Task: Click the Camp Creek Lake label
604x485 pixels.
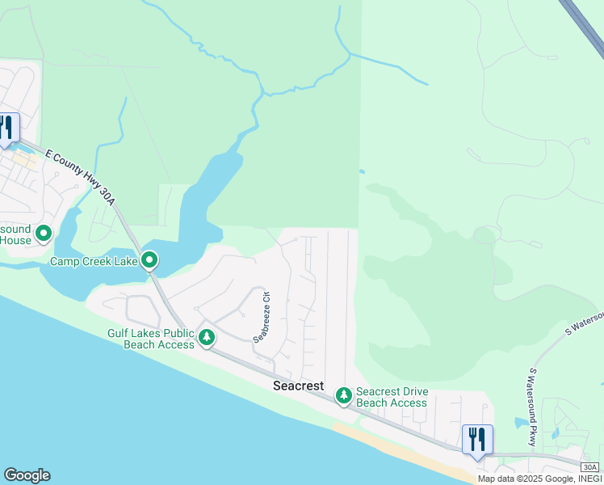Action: [94, 261]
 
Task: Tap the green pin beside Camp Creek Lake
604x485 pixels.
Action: [149, 259]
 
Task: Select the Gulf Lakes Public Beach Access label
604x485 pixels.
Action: [151, 339]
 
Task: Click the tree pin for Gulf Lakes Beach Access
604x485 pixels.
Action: [207, 336]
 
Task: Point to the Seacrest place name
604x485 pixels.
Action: [299, 386]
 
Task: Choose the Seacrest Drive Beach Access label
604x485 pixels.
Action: [392, 398]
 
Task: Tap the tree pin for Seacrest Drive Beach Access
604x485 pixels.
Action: [344, 394]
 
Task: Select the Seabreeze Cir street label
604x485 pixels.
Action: [260, 317]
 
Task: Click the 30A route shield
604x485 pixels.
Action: [590, 467]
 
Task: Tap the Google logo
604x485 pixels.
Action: [27, 475]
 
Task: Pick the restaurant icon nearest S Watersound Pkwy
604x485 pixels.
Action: [477, 440]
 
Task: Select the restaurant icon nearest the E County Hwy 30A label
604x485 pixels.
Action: [7, 128]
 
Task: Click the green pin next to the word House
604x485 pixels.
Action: [44, 234]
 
